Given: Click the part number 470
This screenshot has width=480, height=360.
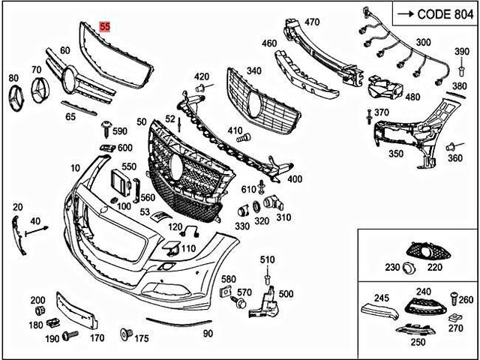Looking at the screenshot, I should tap(312, 22).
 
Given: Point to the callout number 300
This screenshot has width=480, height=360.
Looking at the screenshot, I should tap(423, 42).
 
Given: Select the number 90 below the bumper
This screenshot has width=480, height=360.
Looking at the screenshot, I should tap(208, 333).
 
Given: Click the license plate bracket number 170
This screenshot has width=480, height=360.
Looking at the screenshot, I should tap(97, 338).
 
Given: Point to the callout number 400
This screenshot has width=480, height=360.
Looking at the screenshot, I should tap(295, 179).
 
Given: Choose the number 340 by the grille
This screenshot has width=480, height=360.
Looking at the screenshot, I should tap(254, 71).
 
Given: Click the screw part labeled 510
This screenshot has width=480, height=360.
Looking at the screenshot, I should tap(268, 277).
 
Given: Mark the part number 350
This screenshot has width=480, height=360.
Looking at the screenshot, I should tap(396, 154).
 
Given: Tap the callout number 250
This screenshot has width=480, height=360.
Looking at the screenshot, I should tap(418, 341).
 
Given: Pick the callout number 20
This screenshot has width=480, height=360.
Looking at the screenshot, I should tap(18, 206).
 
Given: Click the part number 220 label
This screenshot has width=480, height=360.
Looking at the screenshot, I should tap(435, 267).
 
